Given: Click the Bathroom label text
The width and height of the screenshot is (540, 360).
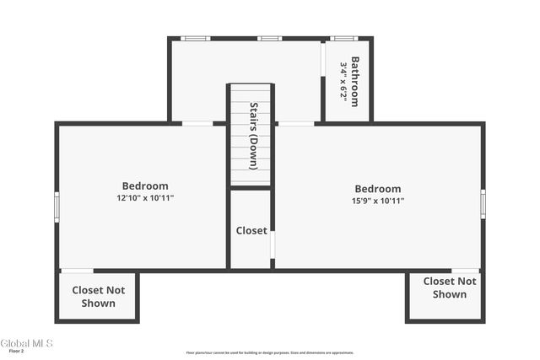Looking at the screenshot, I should click(355, 81).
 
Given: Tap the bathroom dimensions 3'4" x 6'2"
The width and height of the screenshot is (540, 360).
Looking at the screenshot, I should click(343, 81).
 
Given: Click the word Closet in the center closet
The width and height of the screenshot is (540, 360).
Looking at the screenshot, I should click(251, 230).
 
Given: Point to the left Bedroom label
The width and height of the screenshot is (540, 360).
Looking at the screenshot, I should click(145, 186).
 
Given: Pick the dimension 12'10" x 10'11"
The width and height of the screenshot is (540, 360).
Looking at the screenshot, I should click(145, 198).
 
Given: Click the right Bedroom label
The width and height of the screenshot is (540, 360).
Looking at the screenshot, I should click(378, 189).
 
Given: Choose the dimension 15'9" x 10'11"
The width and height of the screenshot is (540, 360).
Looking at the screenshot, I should click(378, 201).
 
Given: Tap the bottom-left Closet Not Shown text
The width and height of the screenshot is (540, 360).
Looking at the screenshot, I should click(99, 297).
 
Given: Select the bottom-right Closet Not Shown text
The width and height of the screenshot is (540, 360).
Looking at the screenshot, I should click(450, 287).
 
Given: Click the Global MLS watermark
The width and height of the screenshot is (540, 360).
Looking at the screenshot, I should click(26, 343).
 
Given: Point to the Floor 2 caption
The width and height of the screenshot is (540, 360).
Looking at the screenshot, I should click(15, 352).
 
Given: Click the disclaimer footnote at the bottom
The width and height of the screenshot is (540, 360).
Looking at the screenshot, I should click(270, 353).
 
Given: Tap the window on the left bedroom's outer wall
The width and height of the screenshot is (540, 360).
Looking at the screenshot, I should click(57, 206).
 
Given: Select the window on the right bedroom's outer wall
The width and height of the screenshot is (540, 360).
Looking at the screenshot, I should click(483, 203).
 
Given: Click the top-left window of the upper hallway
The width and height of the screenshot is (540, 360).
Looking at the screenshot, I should click(196, 38).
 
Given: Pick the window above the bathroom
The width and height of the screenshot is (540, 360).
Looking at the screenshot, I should click(343, 38).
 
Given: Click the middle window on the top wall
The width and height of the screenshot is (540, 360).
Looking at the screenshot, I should click(269, 38).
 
